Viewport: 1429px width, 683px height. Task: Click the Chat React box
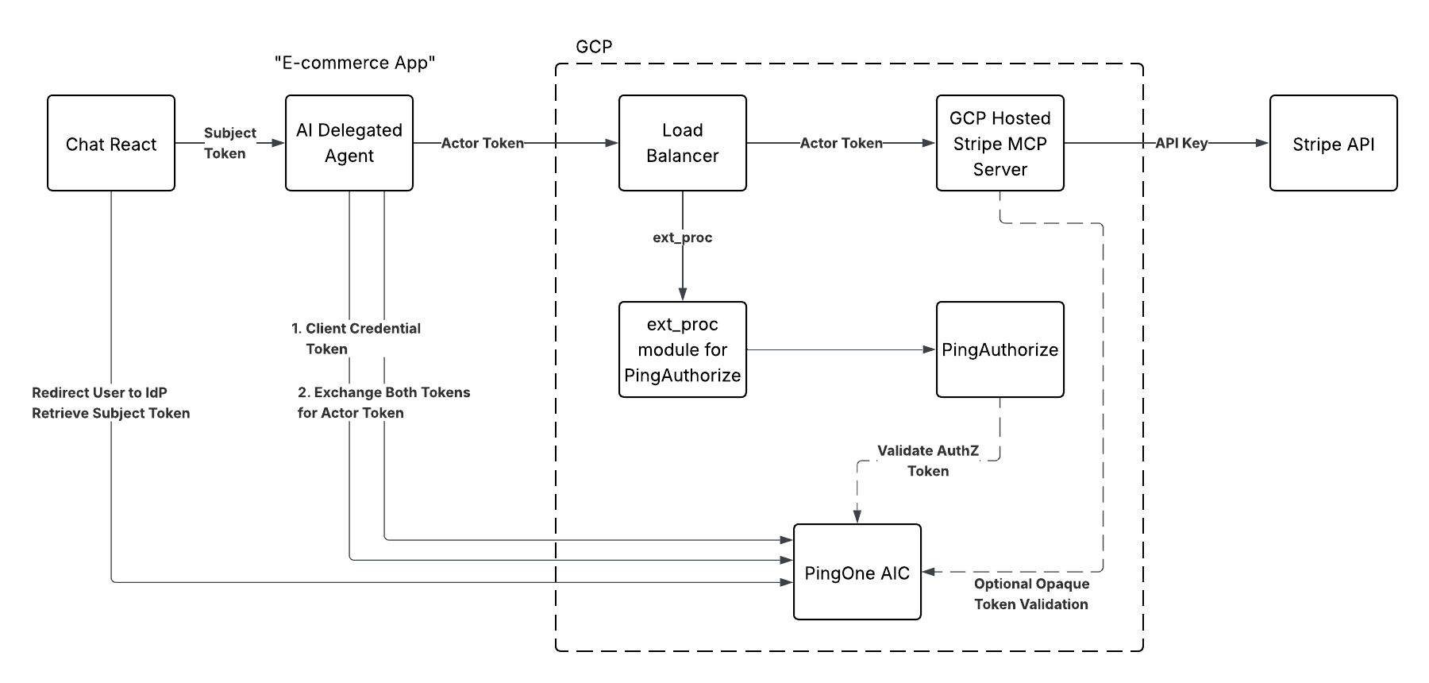pyautogui.click(x=111, y=143)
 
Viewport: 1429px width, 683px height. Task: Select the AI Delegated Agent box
pyautogui.click(x=349, y=143)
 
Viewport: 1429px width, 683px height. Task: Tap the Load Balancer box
pyautogui.click(x=683, y=143)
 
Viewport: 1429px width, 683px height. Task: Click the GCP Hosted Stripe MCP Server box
pyautogui.click(x=1000, y=143)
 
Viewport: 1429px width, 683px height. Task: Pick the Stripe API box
pyautogui.click(x=1334, y=143)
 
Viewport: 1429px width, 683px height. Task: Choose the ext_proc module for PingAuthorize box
pyautogui.click(x=683, y=349)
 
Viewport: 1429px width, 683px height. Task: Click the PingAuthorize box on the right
pyautogui.click(x=1000, y=349)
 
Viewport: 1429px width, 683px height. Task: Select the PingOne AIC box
pyautogui.click(x=857, y=572)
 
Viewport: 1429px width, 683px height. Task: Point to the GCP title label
pyautogui.click(x=594, y=47)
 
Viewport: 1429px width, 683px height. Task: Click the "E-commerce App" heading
pyautogui.click(x=355, y=63)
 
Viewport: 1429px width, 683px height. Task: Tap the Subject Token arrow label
pyautogui.click(x=229, y=143)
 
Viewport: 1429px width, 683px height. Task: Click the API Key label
pyautogui.click(x=1181, y=143)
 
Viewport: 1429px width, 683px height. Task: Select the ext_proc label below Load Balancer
pyautogui.click(x=683, y=237)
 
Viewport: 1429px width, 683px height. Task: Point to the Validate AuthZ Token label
pyautogui.click(x=928, y=461)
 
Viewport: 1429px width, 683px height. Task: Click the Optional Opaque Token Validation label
pyautogui.click(x=1031, y=594)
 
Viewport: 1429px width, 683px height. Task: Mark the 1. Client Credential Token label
pyautogui.click(x=356, y=338)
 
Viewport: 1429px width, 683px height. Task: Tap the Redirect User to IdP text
pyautogui.click(x=100, y=392)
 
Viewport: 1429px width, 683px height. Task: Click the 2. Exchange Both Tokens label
pyautogui.click(x=384, y=403)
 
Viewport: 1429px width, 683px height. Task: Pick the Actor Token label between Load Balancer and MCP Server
pyautogui.click(x=841, y=143)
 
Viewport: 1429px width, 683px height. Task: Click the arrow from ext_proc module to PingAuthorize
pyautogui.click(x=842, y=349)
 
